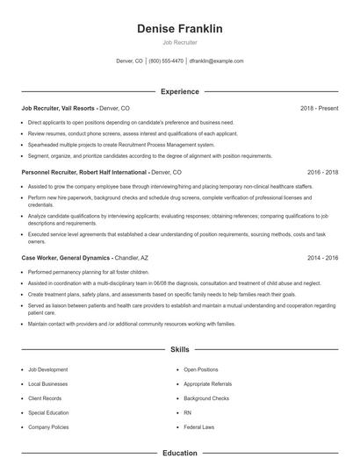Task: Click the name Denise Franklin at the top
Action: click(179, 29)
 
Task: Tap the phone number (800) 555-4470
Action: click(166, 61)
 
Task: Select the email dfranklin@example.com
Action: click(216, 61)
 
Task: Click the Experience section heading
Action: click(179, 91)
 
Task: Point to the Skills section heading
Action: click(179, 349)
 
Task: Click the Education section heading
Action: click(179, 453)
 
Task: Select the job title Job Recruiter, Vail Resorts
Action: click(58, 108)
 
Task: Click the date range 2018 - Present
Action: click(319, 108)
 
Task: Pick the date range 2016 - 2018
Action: click(322, 173)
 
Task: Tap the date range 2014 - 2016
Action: click(322, 259)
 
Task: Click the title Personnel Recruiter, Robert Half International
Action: click(84, 173)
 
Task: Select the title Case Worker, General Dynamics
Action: click(66, 259)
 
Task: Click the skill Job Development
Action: click(47, 369)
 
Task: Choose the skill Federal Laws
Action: click(199, 426)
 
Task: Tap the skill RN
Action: click(187, 412)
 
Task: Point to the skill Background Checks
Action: click(206, 398)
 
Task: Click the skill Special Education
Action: click(48, 412)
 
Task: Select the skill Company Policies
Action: click(48, 426)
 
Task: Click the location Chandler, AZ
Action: click(132, 259)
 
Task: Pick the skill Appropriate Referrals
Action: click(207, 384)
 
